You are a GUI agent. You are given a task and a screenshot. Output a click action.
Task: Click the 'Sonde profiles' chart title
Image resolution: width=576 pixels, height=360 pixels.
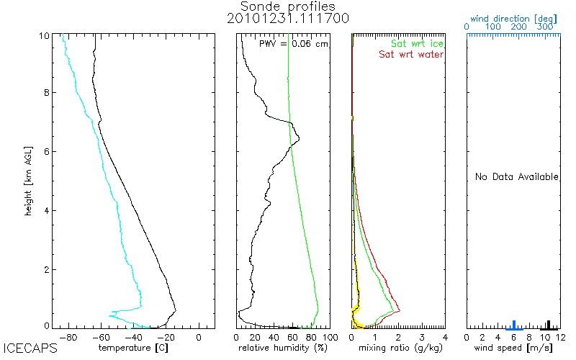(x=287, y=6)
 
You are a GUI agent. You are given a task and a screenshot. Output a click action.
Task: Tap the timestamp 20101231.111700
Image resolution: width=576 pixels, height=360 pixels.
(x=287, y=19)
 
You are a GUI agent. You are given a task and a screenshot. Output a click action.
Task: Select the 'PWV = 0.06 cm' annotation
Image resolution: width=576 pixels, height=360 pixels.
(x=294, y=44)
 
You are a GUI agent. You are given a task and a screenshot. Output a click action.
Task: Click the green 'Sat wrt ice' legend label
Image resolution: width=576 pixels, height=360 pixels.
(x=417, y=44)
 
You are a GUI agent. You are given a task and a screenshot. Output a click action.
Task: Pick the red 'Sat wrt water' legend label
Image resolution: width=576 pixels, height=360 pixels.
(x=411, y=55)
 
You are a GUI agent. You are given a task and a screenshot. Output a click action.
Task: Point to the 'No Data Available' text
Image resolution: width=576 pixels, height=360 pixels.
(x=516, y=176)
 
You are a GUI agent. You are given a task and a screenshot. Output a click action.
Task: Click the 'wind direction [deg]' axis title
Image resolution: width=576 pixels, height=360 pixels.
(x=513, y=19)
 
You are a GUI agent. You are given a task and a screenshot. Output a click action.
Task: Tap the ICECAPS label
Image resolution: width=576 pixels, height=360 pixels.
(x=30, y=348)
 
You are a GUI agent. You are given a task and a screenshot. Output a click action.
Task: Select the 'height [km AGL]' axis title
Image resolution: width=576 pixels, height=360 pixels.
(x=28, y=181)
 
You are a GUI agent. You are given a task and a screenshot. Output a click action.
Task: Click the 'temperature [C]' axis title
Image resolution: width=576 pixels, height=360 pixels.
(x=133, y=348)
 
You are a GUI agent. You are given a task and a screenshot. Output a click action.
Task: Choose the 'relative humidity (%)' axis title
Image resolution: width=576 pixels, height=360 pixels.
(x=283, y=348)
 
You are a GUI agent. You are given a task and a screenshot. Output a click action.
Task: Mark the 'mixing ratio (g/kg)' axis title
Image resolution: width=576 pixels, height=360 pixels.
(x=400, y=348)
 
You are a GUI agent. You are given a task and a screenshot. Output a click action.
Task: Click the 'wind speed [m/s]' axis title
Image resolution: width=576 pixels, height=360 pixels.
(x=513, y=348)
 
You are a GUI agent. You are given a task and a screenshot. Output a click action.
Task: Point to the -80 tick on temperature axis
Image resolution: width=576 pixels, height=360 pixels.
(x=68, y=337)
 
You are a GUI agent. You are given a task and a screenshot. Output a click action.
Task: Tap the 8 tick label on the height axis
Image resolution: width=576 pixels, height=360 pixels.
(x=47, y=93)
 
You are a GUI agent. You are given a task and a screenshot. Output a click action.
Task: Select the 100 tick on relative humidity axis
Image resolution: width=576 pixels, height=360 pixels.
(x=330, y=337)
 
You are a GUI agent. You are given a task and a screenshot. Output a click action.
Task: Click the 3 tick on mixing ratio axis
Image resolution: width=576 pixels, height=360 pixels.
(x=422, y=337)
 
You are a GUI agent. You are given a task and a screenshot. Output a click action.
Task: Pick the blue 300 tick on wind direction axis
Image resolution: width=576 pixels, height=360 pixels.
(x=545, y=27)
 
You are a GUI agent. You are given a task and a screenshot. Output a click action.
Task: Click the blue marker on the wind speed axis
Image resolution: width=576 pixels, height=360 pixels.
(x=514, y=325)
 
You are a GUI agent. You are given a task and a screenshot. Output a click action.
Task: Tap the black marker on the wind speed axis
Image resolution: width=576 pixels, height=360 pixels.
(x=549, y=325)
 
